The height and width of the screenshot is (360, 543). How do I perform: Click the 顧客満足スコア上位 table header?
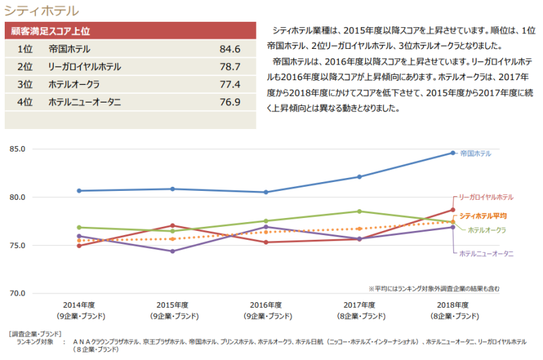(x=51, y=31)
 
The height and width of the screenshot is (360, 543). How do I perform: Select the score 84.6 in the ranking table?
(x=230, y=50)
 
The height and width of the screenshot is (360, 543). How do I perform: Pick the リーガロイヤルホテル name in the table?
(x=85, y=67)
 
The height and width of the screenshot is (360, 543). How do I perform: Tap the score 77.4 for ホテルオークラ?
(x=230, y=85)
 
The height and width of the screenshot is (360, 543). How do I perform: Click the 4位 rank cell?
(x=25, y=103)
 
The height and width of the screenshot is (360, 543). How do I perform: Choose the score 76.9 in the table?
(x=230, y=103)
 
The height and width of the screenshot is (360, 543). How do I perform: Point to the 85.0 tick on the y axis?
(x=17, y=149)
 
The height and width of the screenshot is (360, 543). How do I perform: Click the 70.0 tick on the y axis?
(x=17, y=293)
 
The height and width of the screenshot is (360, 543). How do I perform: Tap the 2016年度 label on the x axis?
(x=266, y=306)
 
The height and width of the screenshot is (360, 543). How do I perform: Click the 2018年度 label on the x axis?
(x=453, y=306)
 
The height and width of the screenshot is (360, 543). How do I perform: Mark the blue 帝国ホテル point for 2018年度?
(x=453, y=153)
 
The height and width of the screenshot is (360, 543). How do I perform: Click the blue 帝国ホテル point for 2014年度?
(x=80, y=191)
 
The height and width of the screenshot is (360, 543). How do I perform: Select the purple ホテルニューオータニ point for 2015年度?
(x=173, y=251)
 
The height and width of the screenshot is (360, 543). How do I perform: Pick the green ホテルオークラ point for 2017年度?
(x=360, y=211)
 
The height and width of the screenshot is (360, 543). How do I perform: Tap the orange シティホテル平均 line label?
(x=483, y=216)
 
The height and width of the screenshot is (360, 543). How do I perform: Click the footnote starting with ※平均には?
(x=434, y=288)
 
